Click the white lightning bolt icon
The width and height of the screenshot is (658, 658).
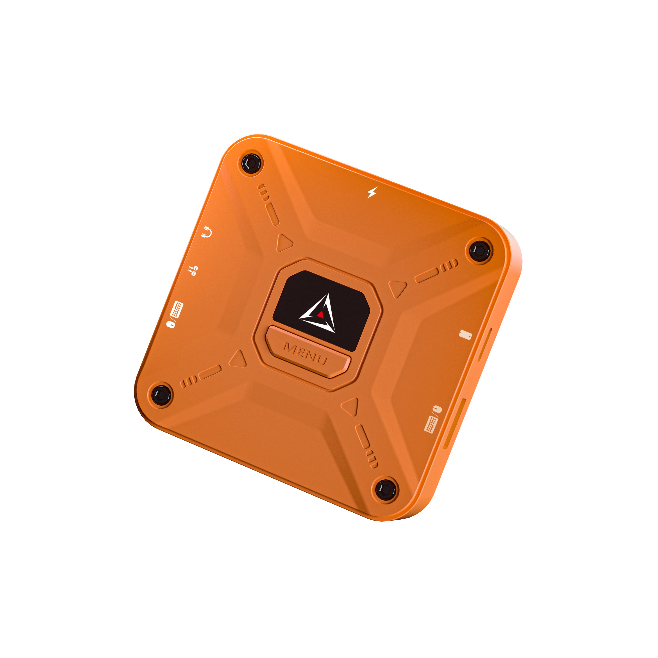pyautogui.click(x=372, y=192)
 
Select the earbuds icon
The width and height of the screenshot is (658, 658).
pyautogui.click(x=193, y=271)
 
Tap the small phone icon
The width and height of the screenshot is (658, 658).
pyautogui.click(x=465, y=335)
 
